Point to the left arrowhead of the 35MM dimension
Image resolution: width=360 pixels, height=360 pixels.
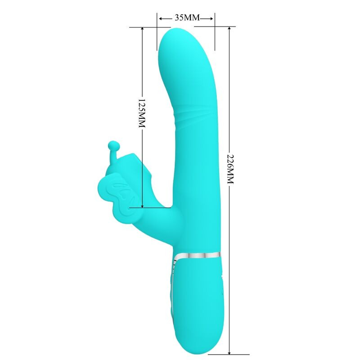pyautogui.click(x=160, y=18)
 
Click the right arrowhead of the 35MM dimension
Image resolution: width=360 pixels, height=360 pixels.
pyautogui.click(x=212, y=18)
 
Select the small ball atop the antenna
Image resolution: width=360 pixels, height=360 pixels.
pyautogui.click(x=112, y=145)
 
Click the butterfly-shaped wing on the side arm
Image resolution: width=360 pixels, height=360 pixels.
pyautogui.click(x=115, y=193)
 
